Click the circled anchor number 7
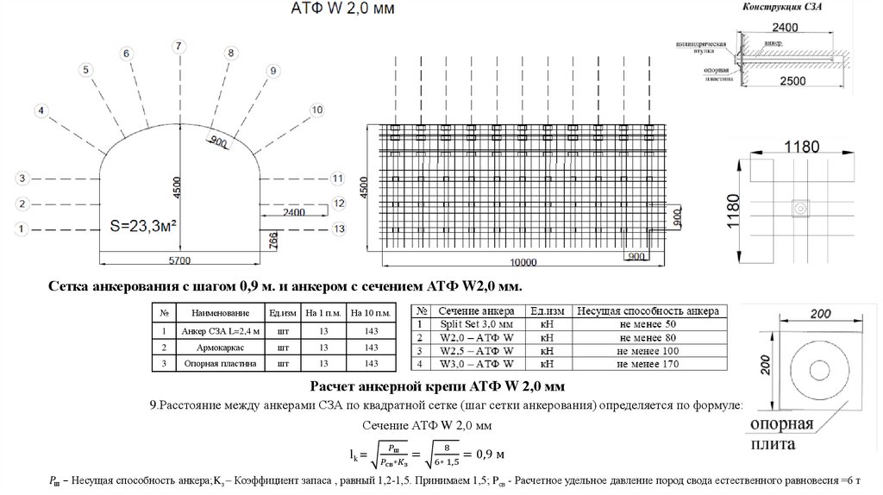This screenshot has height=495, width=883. pyautogui.click(x=178, y=45)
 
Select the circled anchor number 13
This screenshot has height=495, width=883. pyautogui.click(x=339, y=229)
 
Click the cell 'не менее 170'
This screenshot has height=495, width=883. pyautogui.click(x=648, y=366)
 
